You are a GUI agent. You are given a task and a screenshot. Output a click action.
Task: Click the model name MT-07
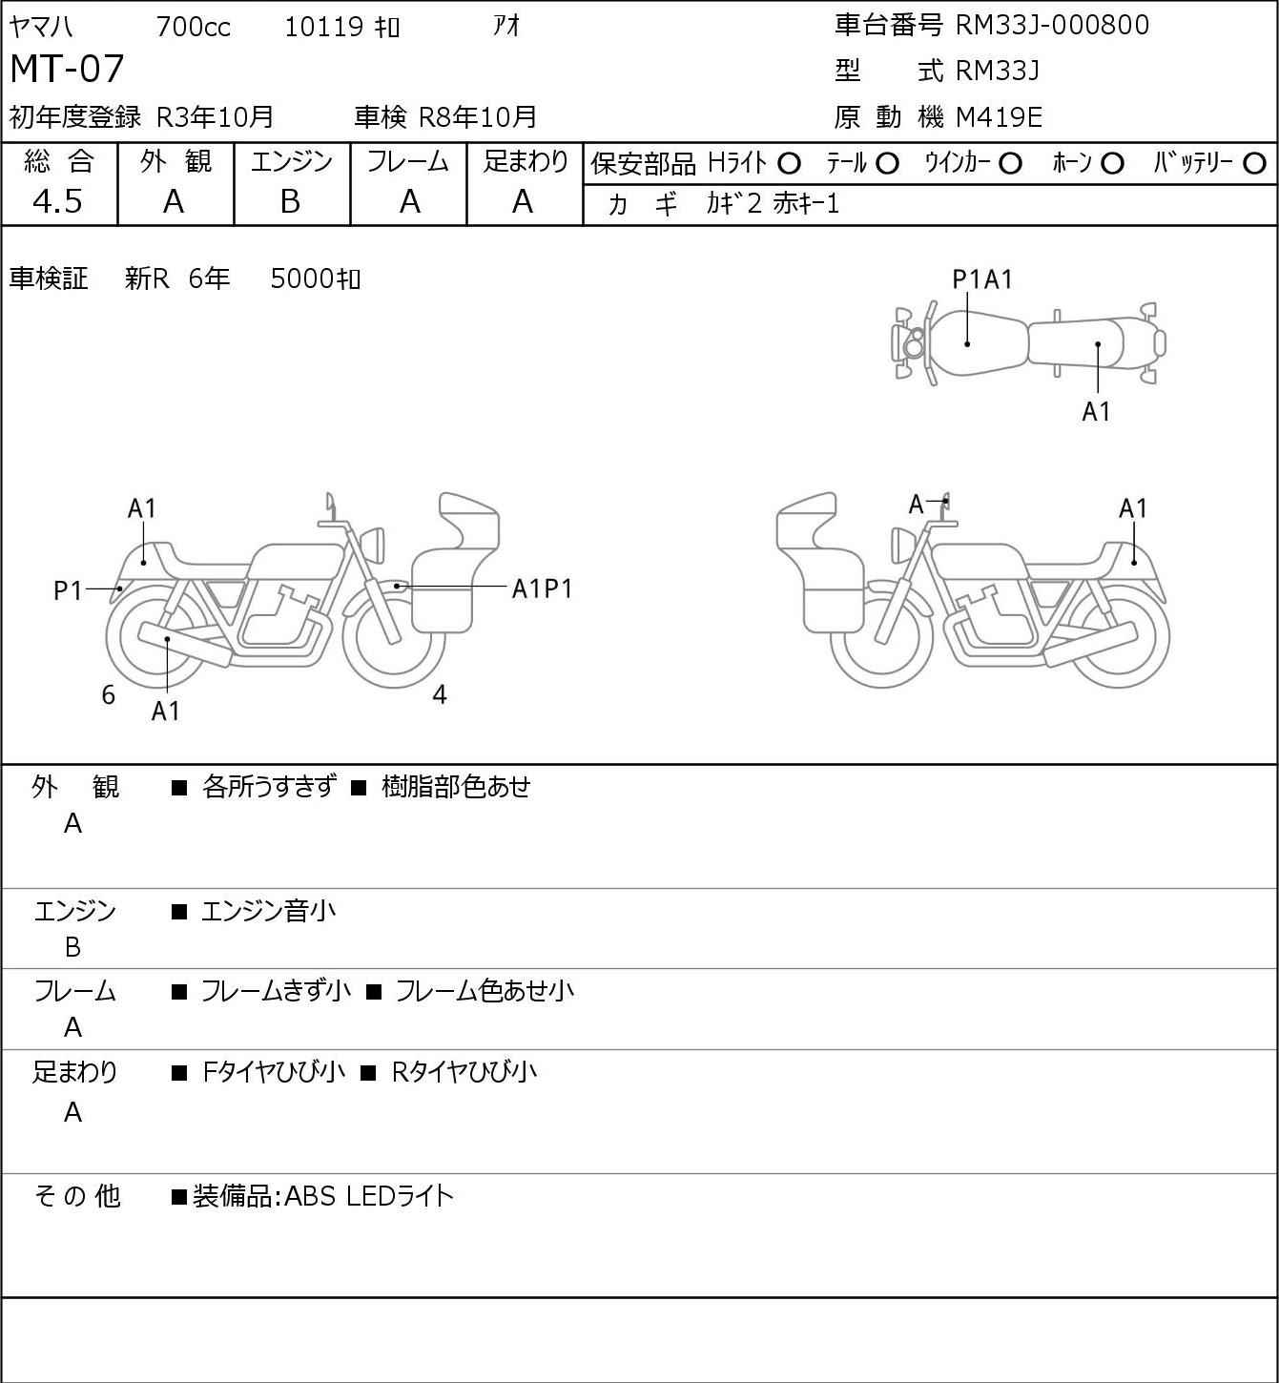67,69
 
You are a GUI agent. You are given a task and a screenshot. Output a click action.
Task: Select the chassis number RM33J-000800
1052,26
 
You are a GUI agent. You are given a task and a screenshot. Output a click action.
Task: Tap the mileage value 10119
324,27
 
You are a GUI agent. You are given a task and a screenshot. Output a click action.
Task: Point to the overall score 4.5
58,202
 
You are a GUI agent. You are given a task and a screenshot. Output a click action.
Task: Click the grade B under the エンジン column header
290,202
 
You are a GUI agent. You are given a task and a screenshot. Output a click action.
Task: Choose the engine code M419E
999,117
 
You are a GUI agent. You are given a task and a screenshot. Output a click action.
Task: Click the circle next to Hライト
789,164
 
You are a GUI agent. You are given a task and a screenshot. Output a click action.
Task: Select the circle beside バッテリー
1254,164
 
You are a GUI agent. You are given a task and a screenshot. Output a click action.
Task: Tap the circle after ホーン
1112,164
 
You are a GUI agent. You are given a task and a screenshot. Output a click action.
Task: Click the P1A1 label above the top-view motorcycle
982,280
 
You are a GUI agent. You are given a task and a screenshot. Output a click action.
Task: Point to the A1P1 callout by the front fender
542,589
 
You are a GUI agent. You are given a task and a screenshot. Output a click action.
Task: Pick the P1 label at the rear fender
69,591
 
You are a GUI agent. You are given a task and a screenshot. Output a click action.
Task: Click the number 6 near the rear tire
108,694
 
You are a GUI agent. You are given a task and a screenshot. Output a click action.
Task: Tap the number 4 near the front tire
440,694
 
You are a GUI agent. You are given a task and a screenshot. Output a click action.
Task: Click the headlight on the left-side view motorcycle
373,546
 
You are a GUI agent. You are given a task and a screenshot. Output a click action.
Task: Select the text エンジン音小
268,911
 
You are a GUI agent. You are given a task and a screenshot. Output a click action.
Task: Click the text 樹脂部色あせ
456,787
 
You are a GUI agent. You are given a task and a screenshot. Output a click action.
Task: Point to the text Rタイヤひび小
464,1072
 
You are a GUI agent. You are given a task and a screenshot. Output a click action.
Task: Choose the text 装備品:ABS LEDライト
323,1196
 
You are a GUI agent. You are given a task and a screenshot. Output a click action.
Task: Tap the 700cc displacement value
193,27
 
